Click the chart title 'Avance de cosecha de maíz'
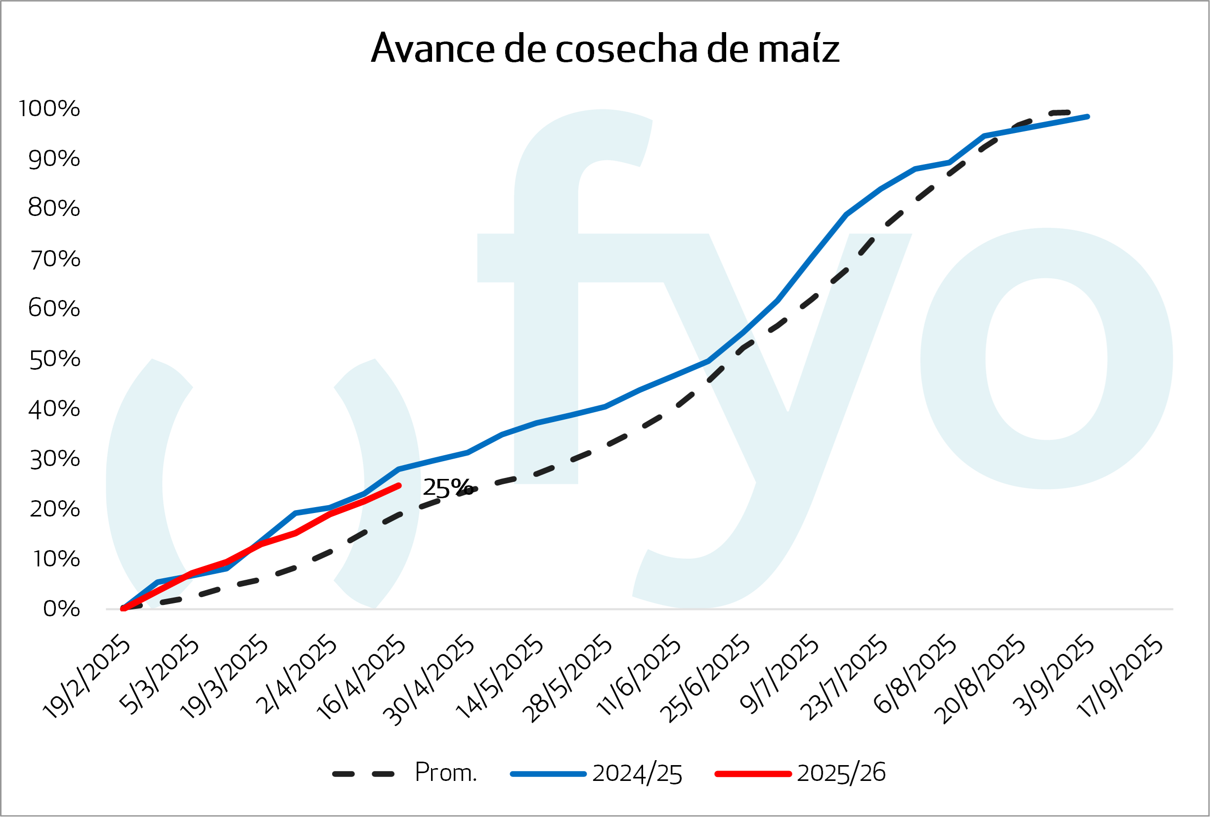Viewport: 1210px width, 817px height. point(605,48)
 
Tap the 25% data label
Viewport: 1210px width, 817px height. point(447,487)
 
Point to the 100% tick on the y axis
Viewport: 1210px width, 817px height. point(49,109)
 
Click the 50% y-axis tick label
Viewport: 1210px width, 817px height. point(55,359)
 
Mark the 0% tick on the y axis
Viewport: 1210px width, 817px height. point(61,609)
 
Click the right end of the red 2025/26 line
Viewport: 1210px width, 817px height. point(399,486)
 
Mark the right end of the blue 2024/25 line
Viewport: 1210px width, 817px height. point(1087,117)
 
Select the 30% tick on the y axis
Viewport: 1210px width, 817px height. point(55,459)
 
